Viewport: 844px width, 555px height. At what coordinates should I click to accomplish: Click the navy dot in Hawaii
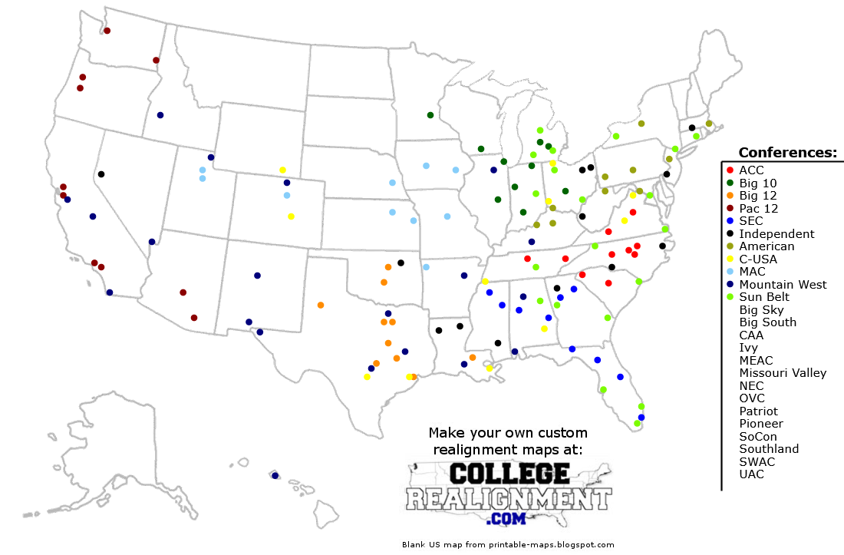[x=275, y=476]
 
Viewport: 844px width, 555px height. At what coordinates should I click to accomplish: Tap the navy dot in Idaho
[x=160, y=115]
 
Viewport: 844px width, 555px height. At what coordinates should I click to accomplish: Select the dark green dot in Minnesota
[x=430, y=115]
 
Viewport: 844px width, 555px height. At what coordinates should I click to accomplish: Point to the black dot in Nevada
[x=101, y=174]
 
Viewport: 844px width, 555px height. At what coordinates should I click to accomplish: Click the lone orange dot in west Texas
[x=320, y=305]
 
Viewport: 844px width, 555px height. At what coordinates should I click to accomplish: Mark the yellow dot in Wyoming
[x=282, y=170]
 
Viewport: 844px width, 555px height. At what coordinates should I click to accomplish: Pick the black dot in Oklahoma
[x=401, y=263]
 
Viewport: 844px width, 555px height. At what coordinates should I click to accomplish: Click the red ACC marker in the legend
[x=730, y=170]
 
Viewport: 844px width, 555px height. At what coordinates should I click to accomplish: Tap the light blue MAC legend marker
[x=730, y=272]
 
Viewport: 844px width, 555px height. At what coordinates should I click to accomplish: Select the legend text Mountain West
[x=783, y=285]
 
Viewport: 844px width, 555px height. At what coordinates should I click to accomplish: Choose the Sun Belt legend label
[x=765, y=297]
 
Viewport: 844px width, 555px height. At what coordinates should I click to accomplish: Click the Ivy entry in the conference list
[x=748, y=348]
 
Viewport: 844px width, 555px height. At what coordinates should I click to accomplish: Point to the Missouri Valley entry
[x=783, y=373]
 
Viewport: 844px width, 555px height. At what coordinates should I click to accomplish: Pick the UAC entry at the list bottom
[x=751, y=474]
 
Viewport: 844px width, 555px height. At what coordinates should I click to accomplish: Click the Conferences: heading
[x=787, y=152]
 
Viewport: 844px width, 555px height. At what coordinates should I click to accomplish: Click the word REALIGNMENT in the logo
[x=509, y=499]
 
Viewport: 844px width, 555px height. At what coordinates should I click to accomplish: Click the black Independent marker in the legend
[x=730, y=234]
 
